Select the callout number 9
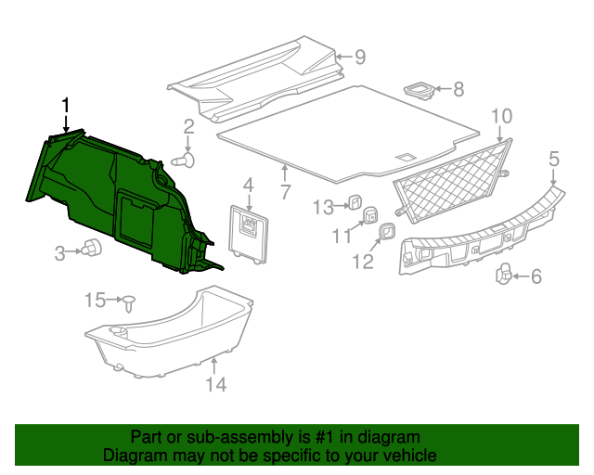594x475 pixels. coord(359,58)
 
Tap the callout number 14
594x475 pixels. coord(215,384)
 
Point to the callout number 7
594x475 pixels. coord(285,193)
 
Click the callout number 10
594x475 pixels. coord(501,116)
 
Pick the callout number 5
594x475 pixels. coord(554,159)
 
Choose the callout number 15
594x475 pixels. coord(96,300)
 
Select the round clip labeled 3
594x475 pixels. coord(91,248)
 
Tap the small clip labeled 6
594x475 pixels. coord(505,273)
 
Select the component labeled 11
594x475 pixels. coord(369,216)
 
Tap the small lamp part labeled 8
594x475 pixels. coord(420,90)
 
